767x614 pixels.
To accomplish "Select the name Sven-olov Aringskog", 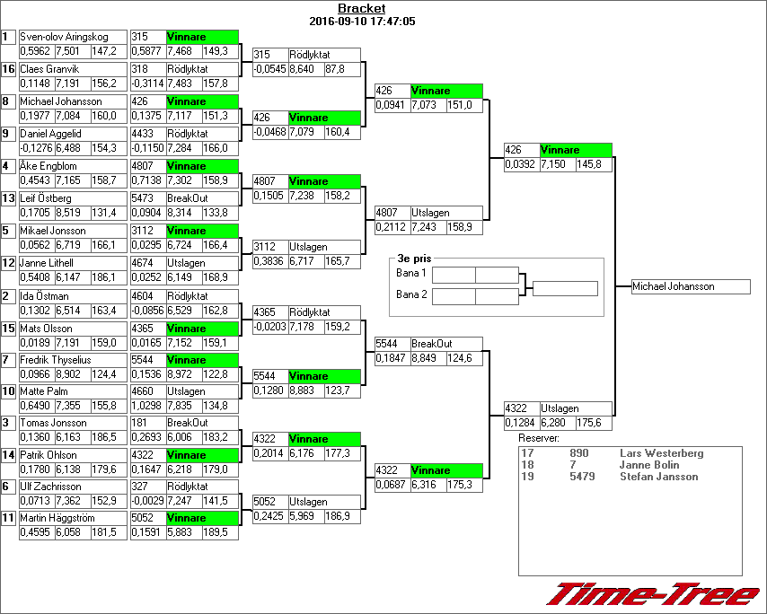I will pyautogui.click(x=64, y=37).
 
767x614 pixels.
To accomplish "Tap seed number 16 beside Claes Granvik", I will pyautogui.click(x=8, y=69).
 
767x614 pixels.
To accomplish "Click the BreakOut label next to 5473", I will pyautogui.click(x=188, y=198).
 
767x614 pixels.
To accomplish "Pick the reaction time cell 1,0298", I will pyautogui.click(x=146, y=406).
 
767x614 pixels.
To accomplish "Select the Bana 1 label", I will pyautogui.click(x=411, y=272).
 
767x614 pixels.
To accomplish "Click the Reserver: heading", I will pyautogui.click(x=538, y=438).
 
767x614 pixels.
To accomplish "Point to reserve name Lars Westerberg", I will pyautogui.click(x=662, y=453).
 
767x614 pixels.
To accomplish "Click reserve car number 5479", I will pyautogui.click(x=579, y=477).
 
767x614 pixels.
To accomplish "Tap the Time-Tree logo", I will pyautogui.click(x=655, y=593).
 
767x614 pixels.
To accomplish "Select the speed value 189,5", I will pyautogui.click(x=216, y=533).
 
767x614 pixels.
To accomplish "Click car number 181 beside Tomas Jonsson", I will pyautogui.click(x=139, y=423).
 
